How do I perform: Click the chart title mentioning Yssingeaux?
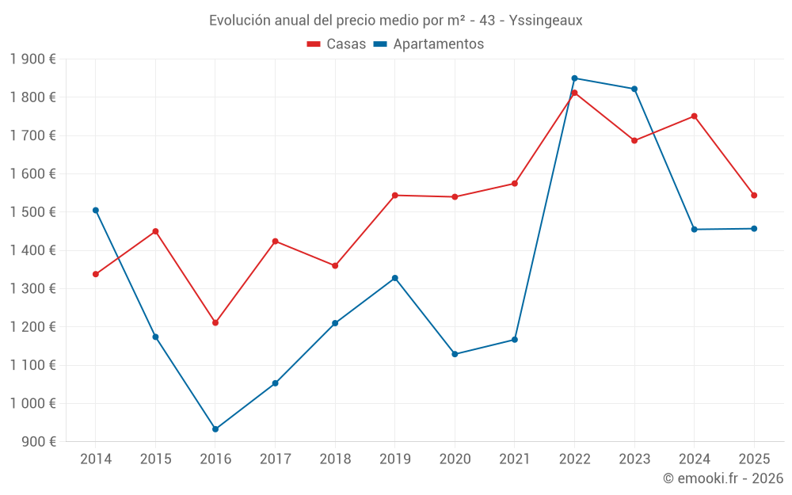coord(395,21)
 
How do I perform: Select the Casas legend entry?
coord(337,44)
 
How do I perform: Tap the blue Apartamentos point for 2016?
coord(215,429)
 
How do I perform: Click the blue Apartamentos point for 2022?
coord(574,78)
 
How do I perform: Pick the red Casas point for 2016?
coord(215,323)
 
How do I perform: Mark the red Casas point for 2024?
coord(694,116)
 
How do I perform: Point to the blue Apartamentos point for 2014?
coord(96,211)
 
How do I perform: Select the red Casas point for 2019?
coord(395,196)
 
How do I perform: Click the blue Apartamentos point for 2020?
coord(455,354)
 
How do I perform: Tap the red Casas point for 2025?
coord(754,196)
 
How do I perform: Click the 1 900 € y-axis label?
coord(33,59)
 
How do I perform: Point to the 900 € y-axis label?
coord(37,442)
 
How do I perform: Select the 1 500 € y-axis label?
coord(33,212)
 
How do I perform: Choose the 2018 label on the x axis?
coord(335,459)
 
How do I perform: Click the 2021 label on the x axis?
coord(514,459)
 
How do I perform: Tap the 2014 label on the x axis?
coord(96,459)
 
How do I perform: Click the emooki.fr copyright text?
coord(723,478)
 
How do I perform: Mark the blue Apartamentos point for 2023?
coord(634,89)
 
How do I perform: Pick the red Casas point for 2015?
coord(155,231)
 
